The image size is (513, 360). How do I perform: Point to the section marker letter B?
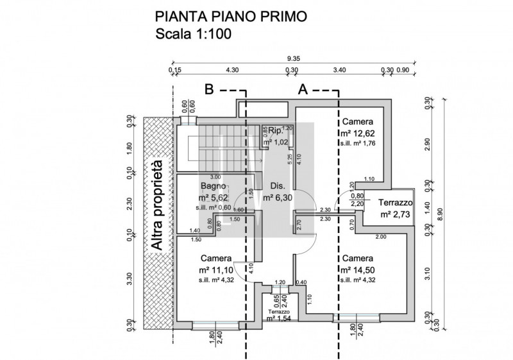coord(209,90)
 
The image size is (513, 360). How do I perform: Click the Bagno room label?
coord(212,186)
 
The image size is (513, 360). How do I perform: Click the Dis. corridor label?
coord(278,186)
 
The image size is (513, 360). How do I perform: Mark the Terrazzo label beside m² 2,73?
coord(396,202)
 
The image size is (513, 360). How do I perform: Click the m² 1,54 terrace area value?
coord(279,318)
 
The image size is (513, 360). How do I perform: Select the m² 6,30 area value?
coord(278,198)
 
